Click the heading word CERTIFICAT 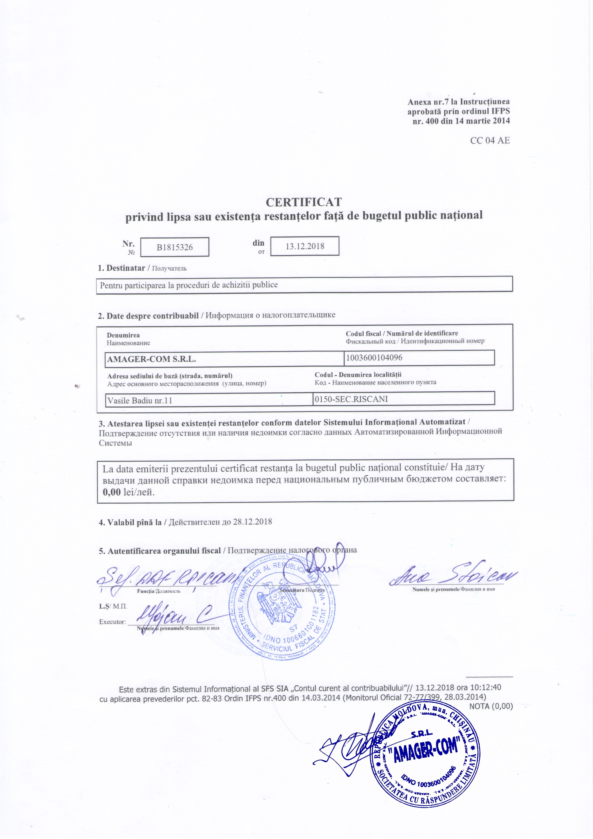tap(304, 202)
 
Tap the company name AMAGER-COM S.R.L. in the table tap(152, 359)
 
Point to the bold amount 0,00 tap(111, 492)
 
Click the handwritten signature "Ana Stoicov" tap(453, 577)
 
